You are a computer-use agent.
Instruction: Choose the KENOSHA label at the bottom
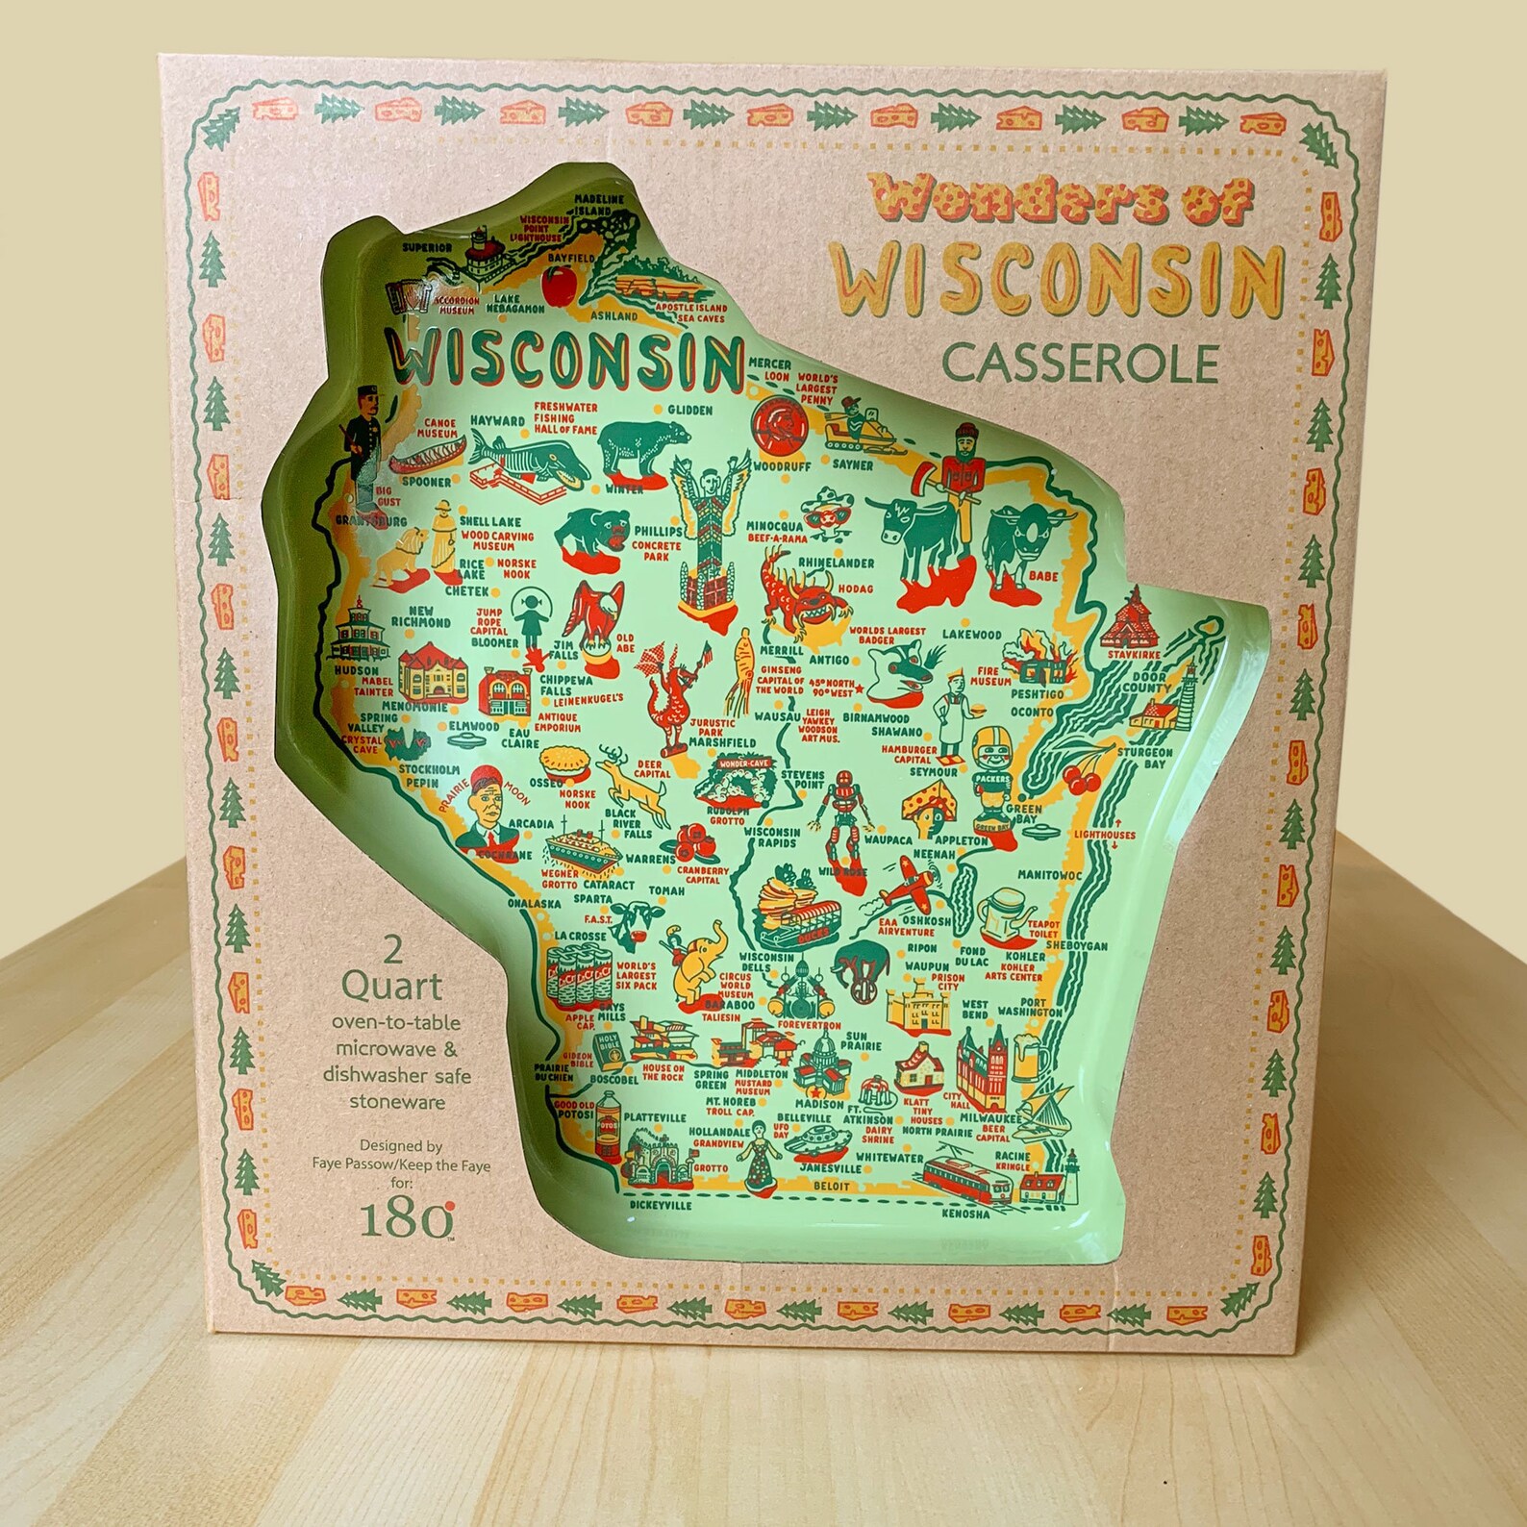click(966, 1214)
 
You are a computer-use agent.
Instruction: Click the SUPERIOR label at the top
click(427, 247)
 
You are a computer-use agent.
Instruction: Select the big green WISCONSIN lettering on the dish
click(564, 358)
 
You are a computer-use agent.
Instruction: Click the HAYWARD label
click(498, 421)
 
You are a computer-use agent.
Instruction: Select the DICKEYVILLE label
click(660, 1203)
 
